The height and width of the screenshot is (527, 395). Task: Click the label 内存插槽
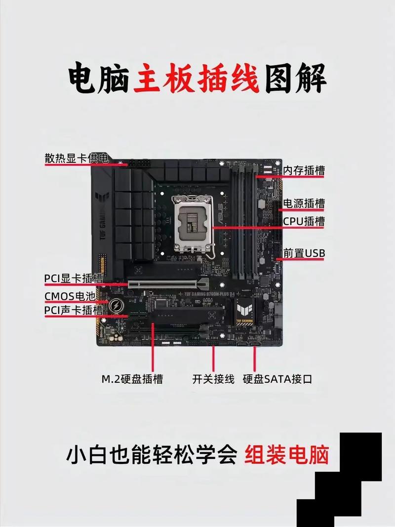304,171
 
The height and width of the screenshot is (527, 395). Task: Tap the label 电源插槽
304,203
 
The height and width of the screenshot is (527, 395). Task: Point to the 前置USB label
304,253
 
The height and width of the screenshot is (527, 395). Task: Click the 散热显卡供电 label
76,159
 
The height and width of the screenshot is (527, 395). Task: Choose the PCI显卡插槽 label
74,279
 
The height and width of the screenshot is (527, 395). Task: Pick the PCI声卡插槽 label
74,310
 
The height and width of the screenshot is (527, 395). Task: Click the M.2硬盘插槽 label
132,379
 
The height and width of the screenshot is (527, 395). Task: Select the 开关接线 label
213,379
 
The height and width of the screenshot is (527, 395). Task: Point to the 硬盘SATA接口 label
277,379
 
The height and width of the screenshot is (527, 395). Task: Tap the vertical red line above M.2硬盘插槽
153,346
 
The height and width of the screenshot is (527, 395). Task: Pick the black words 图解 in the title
295,79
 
